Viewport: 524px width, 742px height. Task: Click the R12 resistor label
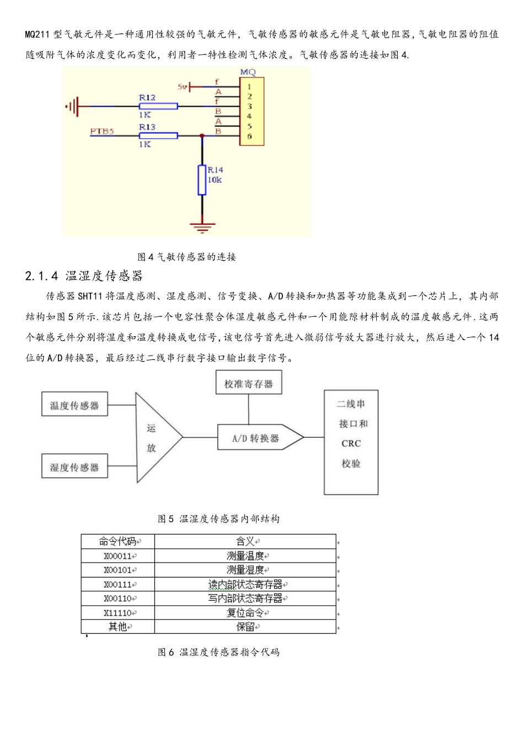coord(147,98)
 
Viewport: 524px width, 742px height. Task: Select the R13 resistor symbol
coord(158,135)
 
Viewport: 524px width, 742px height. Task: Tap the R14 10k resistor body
coord(202,180)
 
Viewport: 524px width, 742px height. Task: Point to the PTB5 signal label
coord(102,131)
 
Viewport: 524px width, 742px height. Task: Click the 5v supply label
coord(182,87)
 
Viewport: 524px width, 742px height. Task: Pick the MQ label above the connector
coord(248,72)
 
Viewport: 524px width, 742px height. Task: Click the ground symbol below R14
coord(202,226)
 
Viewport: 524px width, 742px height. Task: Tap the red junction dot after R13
coord(202,135)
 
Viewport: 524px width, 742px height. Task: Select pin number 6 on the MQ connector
coord(249,136)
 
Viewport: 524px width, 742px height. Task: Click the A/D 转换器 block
coord(256,438)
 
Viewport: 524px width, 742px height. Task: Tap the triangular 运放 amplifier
coord(154,438)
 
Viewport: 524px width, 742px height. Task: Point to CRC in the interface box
coord(351,443)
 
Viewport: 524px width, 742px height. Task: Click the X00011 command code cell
coord(118,556)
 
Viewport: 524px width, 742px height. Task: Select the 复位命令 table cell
coord(245,613)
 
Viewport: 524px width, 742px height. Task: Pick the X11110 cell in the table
coord(118,613)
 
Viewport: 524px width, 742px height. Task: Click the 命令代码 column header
coord(118,542)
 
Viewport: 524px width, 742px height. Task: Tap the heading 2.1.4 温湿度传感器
coord(84,276)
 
